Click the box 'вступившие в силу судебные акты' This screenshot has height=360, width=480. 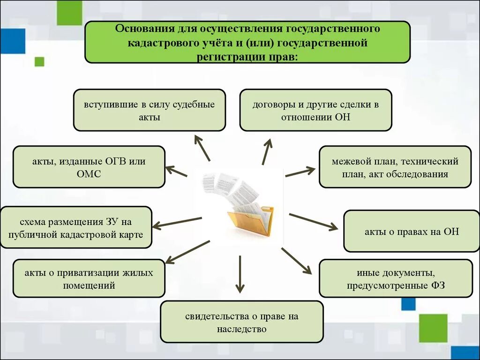click(x=149, y=110)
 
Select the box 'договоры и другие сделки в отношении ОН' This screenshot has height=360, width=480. click(x=315, y=110)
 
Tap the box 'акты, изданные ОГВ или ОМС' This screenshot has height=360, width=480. click(x=89, y=167)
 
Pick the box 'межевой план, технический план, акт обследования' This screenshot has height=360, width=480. click(x=395, y=167)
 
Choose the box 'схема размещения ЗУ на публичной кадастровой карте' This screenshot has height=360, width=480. click(x=76, y=227)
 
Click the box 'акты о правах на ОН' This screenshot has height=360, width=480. click(x=412, y=232)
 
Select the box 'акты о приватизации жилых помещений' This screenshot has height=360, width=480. click(x=89, y=278)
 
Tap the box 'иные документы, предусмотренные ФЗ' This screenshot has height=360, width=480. click(x=396, y=278)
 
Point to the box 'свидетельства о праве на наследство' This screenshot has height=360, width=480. click(x=241, y=322)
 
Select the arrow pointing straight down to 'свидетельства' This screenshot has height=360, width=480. click(x=240, y=274)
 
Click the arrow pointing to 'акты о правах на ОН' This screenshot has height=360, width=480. click(x=313, y=222)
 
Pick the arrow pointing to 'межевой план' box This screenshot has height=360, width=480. click(x=300, y=171)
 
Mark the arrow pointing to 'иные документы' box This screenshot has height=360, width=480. click(x=296, y=261)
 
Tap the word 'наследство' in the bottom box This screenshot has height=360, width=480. click(x=241, y=329)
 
